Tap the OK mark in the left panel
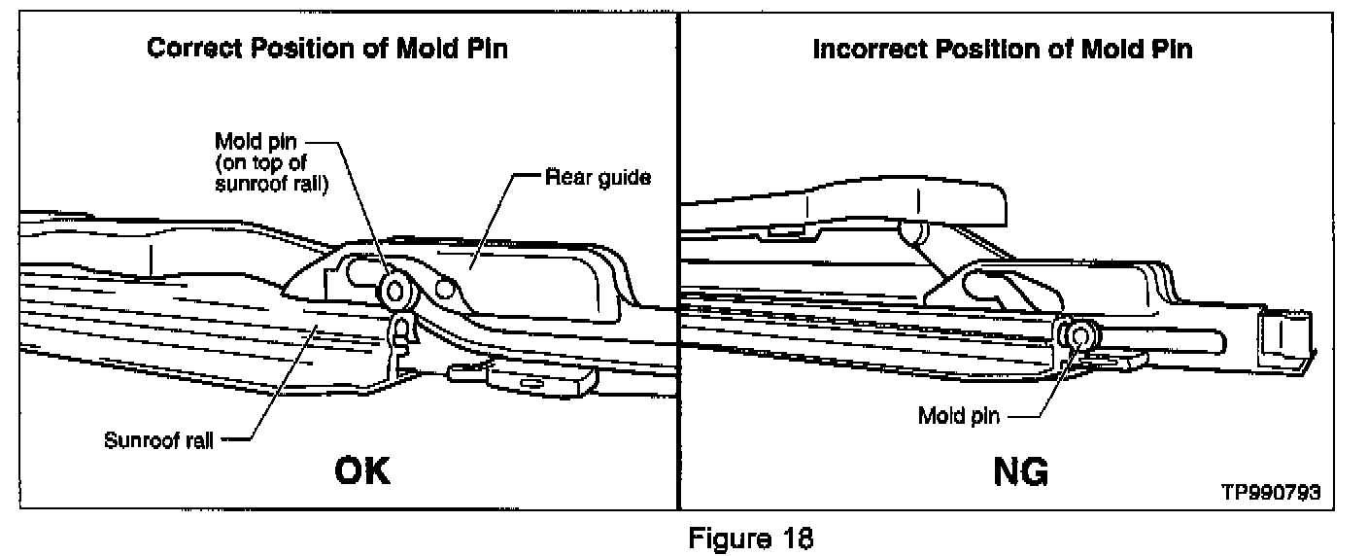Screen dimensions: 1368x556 362,472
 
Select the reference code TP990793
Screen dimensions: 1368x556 1271,492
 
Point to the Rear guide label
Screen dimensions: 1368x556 598,178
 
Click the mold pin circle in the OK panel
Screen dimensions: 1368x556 396,288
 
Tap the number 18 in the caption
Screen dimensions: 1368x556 792,537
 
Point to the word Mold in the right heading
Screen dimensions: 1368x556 1105,49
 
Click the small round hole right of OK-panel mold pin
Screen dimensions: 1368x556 446,288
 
